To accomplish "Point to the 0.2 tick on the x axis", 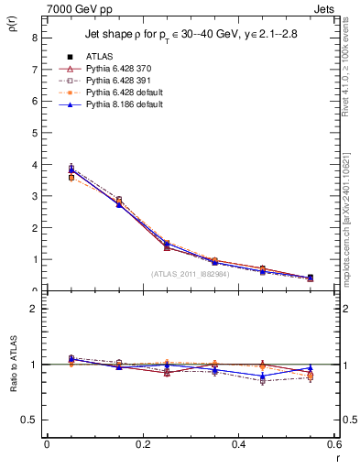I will point(142,444).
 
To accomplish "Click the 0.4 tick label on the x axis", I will point(238,444).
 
